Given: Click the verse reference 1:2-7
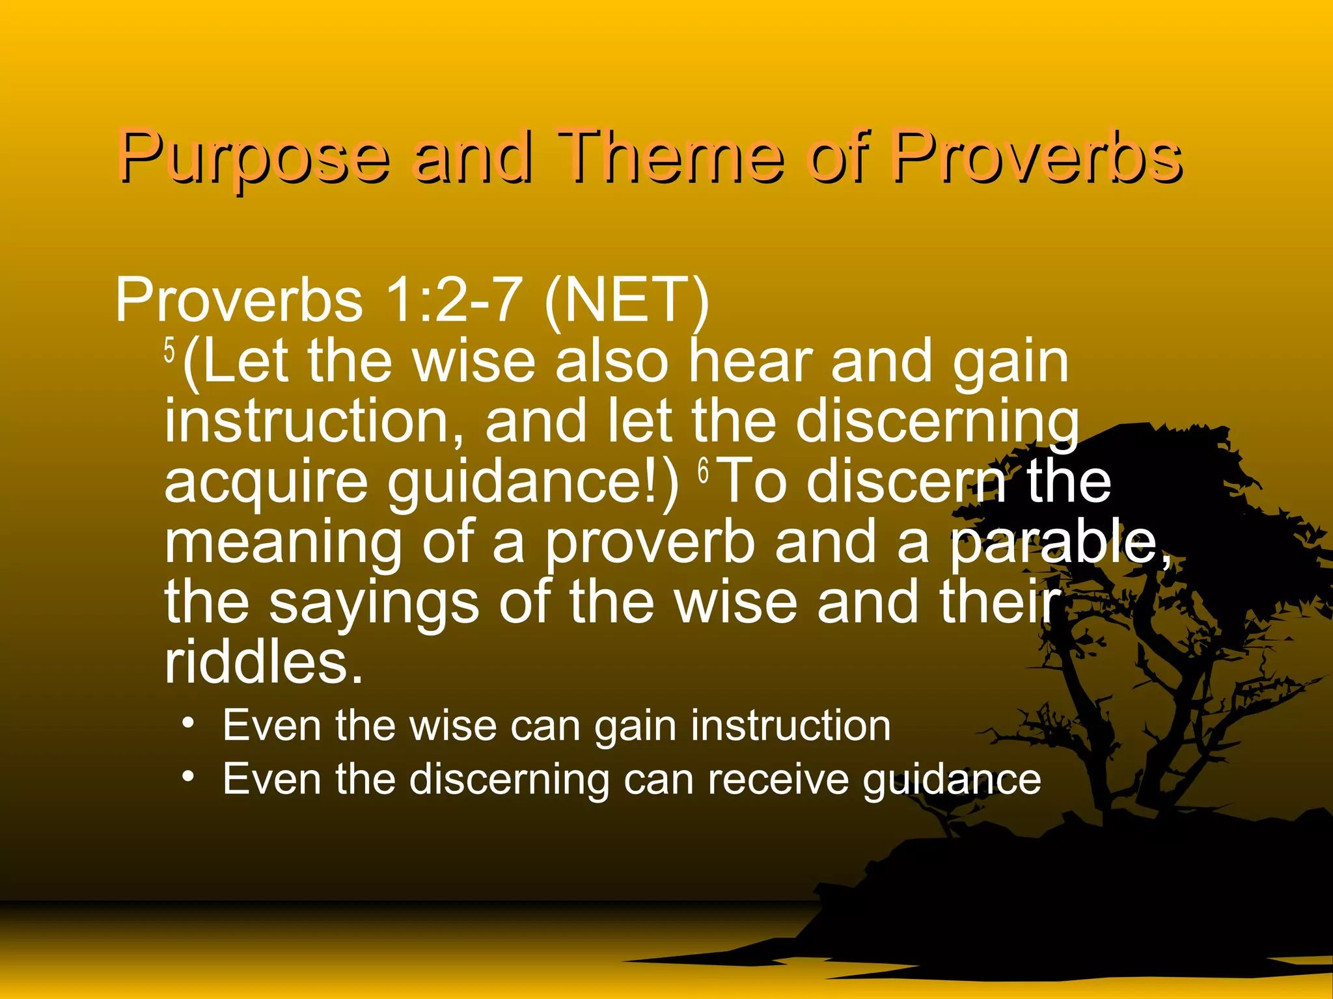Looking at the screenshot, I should [x=453, y=300].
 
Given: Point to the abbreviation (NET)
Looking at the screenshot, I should [x=626, y=301].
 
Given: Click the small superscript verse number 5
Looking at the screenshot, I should [x=170, y=352].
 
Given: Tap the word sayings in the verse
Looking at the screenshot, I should [x=374, y=604].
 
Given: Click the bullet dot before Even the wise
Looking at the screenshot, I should [x=188, y=723].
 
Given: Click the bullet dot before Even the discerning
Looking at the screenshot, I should [x=188, y=777].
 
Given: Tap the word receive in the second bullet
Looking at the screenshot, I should [x=778, y=779].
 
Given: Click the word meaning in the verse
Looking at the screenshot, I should [x=283, y=544].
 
